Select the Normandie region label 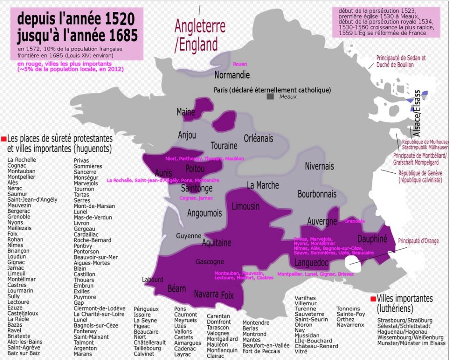point(232,75)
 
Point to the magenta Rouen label point(240,64)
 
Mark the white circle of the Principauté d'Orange point(354,263)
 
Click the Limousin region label point(246,206)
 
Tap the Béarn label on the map point(177,289)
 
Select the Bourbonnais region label point(317,194)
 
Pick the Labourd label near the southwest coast point(153,279)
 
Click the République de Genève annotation point(420,176)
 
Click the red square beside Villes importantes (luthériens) point(373,299)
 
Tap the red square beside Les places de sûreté point(4,139)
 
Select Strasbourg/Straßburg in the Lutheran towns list point(405,320)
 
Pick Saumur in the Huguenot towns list point(17,194)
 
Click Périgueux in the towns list point(146,309)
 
